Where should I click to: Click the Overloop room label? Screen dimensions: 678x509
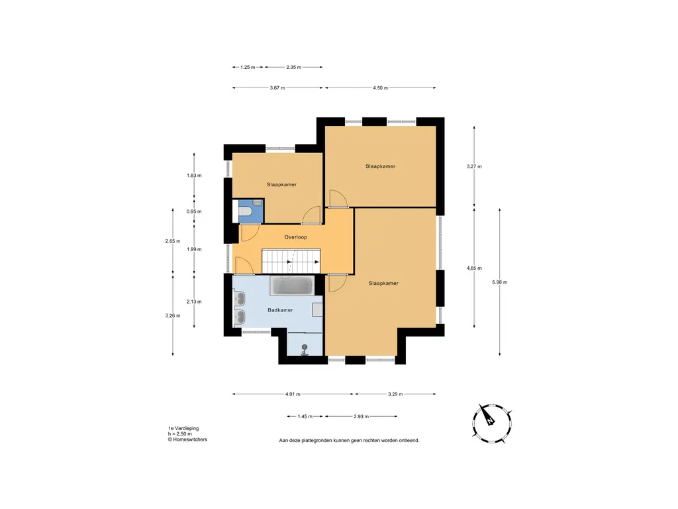pyautogui.click(x=296, y=237)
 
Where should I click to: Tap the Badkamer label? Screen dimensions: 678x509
pyautogui.click(x=280, y=310)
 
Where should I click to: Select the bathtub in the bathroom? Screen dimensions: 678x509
pyautogui.click(x=292, y=286)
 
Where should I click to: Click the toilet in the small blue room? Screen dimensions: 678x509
pyautogui.click(x=245, y=211)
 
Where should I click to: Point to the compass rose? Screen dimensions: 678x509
pyautogui.click(x=492, y=423)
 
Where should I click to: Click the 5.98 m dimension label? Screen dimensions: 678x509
pyautogui.click(x=499, y=282)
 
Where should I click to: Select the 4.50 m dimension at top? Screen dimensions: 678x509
pyautogui.click(x=381, y=88)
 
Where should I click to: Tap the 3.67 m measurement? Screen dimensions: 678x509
pyautogui.click(x=277, y=88)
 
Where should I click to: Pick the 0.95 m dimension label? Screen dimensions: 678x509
pyautogui.click(x=194, y=211)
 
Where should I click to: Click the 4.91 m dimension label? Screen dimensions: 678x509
pyautogui.click(x=293, y=394)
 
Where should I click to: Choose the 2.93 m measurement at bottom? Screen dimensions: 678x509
pyautogui.click(x=361, y=416)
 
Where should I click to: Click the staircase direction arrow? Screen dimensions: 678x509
pyautogui.click(x=303, y=262)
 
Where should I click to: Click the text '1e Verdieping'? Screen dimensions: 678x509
pyautogui.click(x=183, y=429)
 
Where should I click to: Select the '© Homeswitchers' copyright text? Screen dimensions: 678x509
pyautogui.click(x=187, y=439)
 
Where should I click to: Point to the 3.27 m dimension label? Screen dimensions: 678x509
pyautogui.click(x=474, y=166)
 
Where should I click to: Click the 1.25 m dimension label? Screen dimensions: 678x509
pyautogui.click(x=248, y=67)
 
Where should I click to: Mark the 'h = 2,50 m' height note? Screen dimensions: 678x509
pyautogui.click(x=180, y=433)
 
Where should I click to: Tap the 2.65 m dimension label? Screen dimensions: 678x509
pyautogui.click(x=173, y=241)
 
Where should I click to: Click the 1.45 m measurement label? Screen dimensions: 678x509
pyautogui.click(x=305, y=416)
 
